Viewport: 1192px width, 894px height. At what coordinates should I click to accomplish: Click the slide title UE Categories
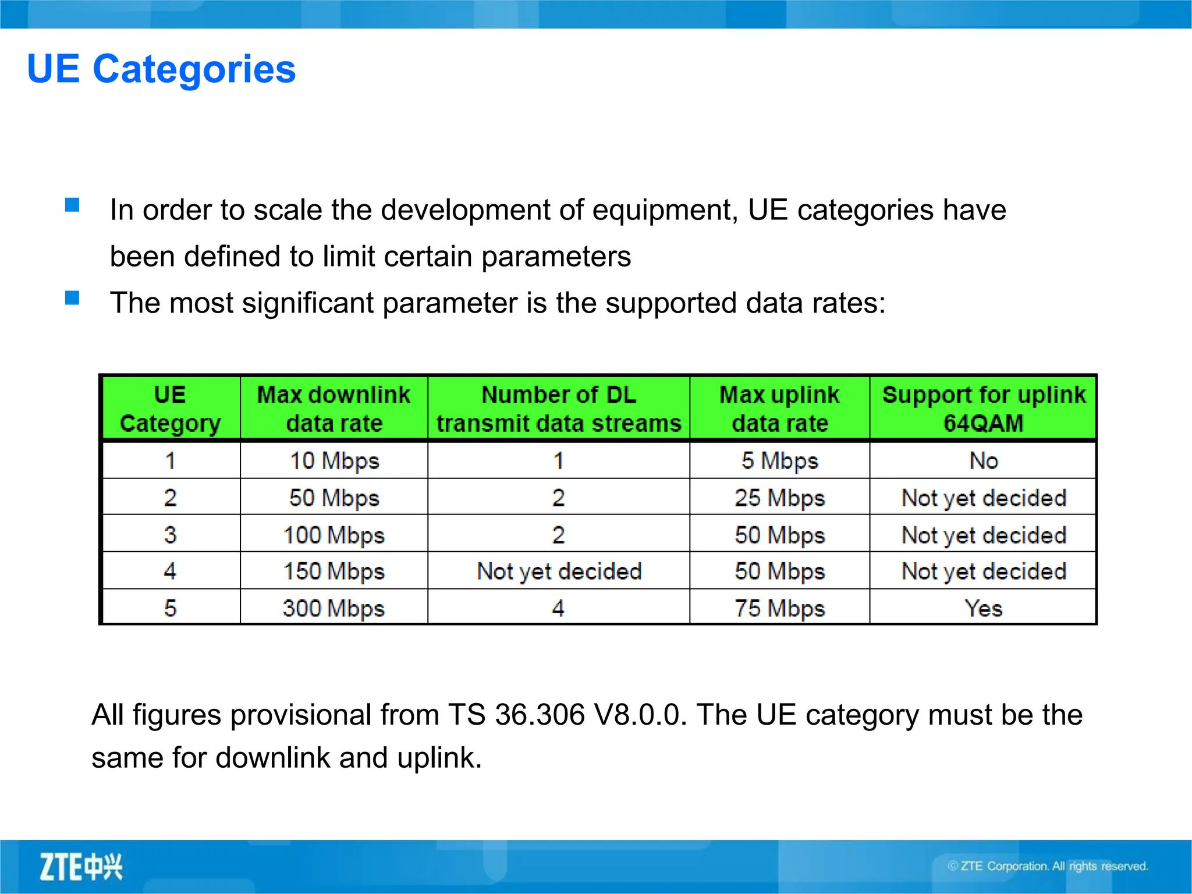[161, 69]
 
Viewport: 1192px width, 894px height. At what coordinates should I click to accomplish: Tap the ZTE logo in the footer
[81, 867]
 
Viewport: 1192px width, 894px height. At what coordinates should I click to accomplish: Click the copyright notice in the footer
[1048, 866]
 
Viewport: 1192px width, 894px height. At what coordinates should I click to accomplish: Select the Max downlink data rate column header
[334, 409]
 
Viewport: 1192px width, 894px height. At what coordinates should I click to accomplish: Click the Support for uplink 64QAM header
[983, 409]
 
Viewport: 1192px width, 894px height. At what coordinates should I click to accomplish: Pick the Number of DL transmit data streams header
[559, 409]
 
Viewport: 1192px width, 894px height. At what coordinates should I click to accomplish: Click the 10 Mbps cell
[334, 461]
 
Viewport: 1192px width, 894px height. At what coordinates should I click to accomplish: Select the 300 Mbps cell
[334, 608]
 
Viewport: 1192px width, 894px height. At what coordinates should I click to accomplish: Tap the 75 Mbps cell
[779, 608]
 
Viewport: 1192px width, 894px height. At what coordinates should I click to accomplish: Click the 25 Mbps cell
[779, 498]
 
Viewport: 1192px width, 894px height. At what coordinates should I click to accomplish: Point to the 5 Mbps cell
[779, 461]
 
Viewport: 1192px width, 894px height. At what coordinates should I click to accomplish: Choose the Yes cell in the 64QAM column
[983, 608]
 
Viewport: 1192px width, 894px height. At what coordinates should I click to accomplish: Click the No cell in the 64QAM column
[983, 461]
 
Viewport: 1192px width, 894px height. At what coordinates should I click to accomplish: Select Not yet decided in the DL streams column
[559, 572]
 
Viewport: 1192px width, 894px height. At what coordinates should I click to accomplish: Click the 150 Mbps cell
[334, 572]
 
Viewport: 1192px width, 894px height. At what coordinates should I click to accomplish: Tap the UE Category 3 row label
[170, 535]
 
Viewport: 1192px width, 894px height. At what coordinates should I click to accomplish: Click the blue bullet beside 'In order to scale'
[72, 205]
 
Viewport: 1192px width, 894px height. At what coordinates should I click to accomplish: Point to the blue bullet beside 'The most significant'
[72, 298]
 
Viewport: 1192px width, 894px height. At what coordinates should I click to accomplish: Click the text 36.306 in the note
[539, 715]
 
